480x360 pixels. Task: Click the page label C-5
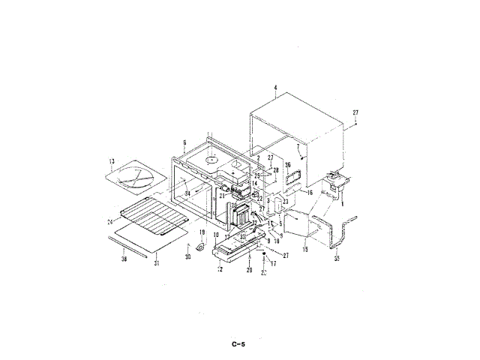239,344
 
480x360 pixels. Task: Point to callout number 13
111,161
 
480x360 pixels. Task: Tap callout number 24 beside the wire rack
109,221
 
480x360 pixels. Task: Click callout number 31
156,263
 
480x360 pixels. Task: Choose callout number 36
287,165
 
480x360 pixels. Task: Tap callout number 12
220,268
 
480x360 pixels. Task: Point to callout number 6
184,142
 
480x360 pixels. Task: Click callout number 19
202,232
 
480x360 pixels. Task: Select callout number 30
188,256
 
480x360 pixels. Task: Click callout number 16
308,192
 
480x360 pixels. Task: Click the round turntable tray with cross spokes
137,178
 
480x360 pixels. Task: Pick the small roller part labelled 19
200,245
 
